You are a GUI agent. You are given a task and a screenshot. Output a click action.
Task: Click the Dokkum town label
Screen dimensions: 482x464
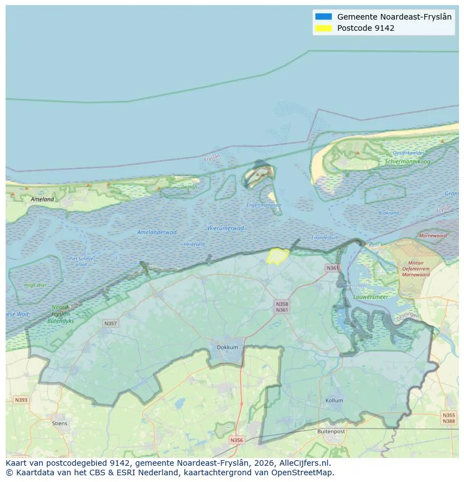click(228, 347)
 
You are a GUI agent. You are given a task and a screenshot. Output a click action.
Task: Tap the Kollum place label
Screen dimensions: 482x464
click(334, 401)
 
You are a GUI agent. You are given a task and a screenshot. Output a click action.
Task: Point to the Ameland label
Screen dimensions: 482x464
click(43, 199)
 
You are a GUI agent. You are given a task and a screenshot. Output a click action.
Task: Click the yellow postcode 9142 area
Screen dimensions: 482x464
click(277, 256)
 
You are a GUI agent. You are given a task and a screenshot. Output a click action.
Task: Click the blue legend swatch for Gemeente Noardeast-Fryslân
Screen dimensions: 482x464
click(323, 17)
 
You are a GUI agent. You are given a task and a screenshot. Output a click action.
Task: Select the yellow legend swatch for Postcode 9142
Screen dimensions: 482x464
click(323, 28)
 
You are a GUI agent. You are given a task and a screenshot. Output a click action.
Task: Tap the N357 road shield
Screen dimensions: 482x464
click(110, 324)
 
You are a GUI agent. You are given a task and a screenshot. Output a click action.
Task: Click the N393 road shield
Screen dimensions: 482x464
click(21, 400)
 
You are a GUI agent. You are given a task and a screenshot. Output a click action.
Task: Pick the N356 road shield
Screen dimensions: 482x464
click(237, 440)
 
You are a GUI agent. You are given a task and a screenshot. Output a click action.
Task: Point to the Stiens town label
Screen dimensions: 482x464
click(59, 423)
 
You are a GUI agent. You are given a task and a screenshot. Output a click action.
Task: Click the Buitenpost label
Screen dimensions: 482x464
click(331, 432)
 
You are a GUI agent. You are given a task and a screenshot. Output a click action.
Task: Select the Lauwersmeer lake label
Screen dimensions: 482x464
click(370, 297)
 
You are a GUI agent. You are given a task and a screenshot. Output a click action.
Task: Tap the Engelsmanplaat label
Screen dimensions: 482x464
click(264, 205)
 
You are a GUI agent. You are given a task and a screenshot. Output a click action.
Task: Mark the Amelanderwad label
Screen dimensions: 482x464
click(156, 232)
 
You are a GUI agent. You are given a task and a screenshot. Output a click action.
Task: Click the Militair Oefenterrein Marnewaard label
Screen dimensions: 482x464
click(416, 269)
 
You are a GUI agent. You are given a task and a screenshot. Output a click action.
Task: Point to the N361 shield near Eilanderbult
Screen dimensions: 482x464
click(333, 268)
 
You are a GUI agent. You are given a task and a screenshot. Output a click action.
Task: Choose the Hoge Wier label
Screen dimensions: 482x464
click(35, 285)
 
